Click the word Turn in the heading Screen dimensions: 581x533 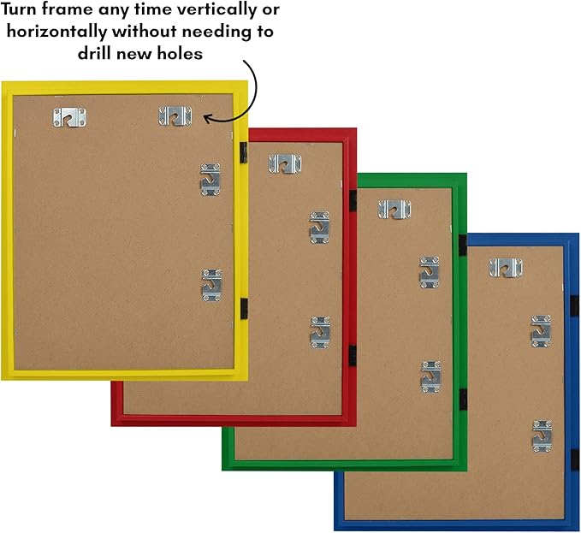[x=19, y=9]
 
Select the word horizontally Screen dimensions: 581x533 [x=56, y=32]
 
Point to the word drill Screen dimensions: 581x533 [x=94, y=53]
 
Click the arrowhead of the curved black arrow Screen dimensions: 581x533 [x=208, y=119]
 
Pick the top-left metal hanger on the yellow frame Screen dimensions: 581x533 [x=69, y=117]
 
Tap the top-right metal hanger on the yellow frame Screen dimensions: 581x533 [x=175, y=116]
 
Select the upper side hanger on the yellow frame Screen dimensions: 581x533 [x=210, y=180]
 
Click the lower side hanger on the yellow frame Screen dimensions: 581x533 [x=211, y=285]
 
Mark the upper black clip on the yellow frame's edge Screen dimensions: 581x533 [x=244, y=152]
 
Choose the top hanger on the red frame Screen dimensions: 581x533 [x=285, y=164]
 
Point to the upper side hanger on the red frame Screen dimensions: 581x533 [x=320, y=228]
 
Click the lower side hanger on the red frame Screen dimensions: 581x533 [x=321, y=333]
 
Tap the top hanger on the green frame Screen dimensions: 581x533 [x=394, y=210]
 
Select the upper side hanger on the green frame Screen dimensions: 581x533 [x=430, y=272]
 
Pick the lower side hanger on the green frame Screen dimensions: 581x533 [x=431, y=377]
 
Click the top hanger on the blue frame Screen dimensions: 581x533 [x=506, y=268]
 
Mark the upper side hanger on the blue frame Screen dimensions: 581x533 [x=541, y=331]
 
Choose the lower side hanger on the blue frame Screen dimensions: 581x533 [x=542, y=436]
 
